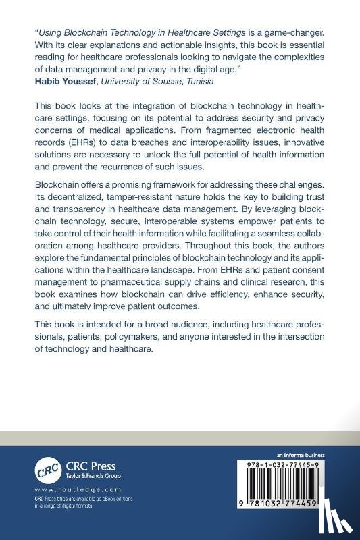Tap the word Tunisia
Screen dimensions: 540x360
(x=197, y=81)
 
